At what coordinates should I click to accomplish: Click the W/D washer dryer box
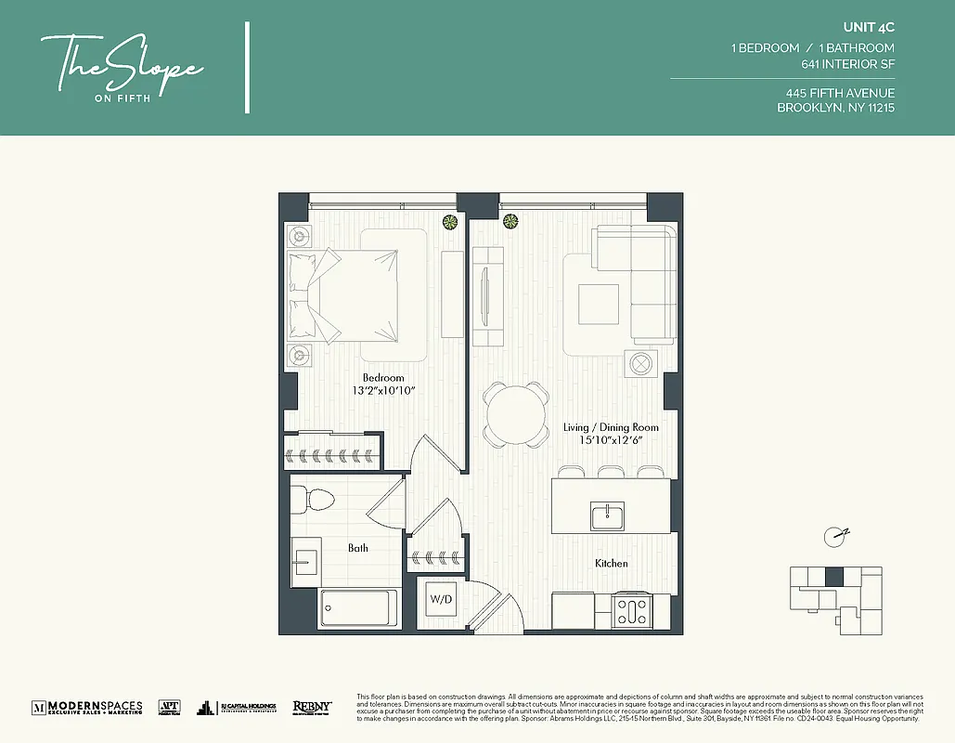pos(441,599)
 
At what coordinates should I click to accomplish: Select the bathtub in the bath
pos(358,609)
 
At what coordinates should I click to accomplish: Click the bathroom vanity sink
pos(305,561)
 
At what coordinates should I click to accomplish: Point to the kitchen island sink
pos(607,515)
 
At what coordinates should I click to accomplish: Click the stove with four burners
pos(631,611)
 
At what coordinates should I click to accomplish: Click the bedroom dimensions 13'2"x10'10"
pos(383,391)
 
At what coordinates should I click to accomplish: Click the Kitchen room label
pos(612,564)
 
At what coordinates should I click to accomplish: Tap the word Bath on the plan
pos(358,548)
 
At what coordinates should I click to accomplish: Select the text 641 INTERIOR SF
pos(847,65)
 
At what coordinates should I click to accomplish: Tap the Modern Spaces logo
pos(87,707)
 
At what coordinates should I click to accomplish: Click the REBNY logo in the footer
pos(312,707)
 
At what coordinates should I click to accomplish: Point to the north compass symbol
pos(837,535)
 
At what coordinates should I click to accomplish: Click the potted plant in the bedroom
pos(450,221)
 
